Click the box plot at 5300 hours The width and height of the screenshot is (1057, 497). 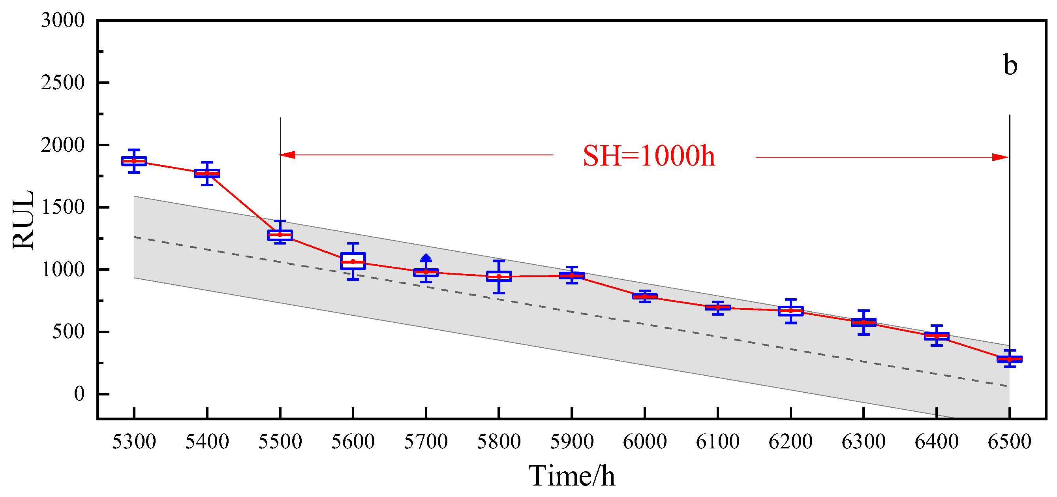[134, 161]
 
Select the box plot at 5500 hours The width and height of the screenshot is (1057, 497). [280, 235]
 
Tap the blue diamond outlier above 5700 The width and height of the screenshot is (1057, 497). [426, 258]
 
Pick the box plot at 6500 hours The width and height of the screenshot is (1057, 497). [1009, 359]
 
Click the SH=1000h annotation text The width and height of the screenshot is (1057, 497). [649, 156]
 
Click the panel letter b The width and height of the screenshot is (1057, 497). [1011, 65]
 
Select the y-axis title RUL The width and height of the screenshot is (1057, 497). [23, 220]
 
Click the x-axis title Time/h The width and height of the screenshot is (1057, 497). [572, 476]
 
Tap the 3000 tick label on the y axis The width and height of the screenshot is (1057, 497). [62, 20]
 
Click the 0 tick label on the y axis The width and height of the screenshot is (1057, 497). [79, 393]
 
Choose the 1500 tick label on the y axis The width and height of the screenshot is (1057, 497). [62, 207]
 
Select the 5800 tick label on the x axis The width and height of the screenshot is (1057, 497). [499, 442]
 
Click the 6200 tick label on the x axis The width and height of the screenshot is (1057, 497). [790, 442]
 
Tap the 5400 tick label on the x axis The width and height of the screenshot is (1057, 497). [207, 442]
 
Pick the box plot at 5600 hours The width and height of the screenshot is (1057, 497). [353, 262]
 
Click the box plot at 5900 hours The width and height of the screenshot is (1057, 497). [572, 276]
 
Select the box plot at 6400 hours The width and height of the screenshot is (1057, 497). [936, 336]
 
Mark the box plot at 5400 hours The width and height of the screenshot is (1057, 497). [207, 173]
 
